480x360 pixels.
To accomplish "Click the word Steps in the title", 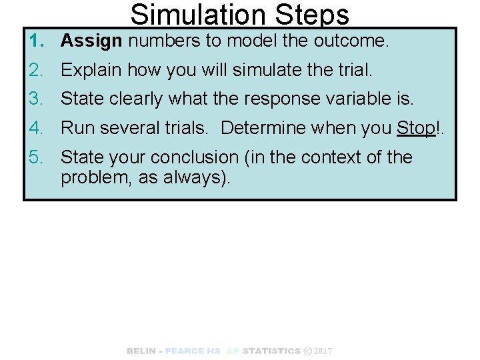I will coord(308,15).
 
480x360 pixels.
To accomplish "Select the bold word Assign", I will coord(91,41).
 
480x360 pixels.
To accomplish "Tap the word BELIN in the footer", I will coord(141,351).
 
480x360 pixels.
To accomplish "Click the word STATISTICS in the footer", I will coord(271,351).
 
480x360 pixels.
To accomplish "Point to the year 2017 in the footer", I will coord(323,351).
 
